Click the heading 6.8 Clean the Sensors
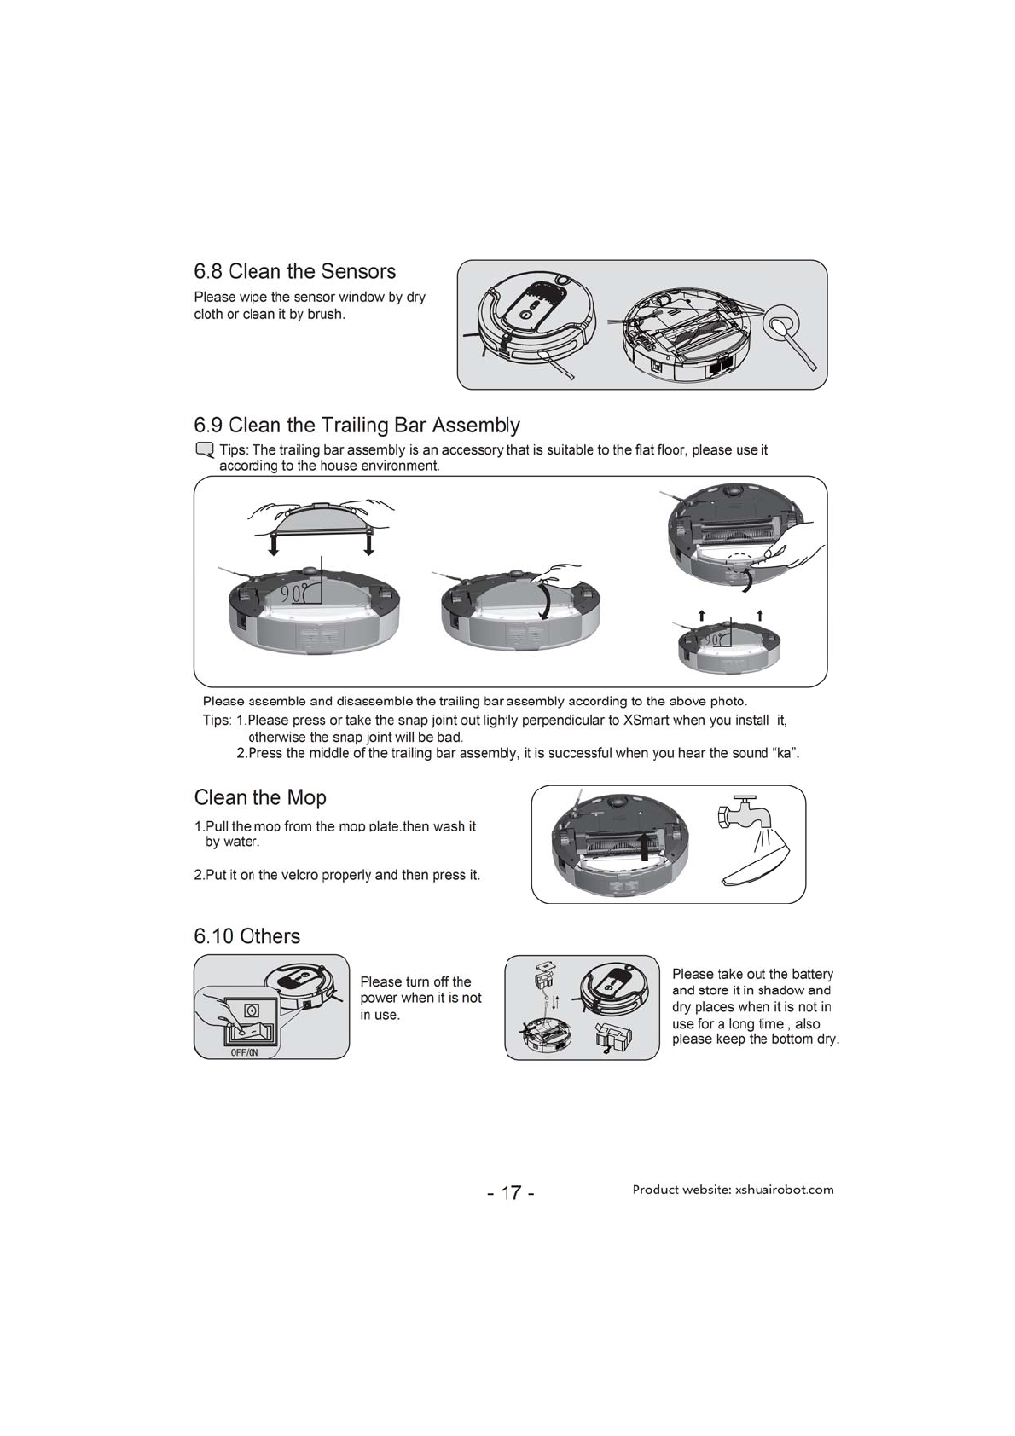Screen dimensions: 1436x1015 (295, 272)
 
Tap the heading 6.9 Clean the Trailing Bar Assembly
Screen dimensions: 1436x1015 (357, 425)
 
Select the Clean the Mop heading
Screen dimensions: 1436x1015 (260, 798)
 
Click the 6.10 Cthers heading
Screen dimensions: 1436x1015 (247, 936)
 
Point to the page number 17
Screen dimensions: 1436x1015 (511, 1192)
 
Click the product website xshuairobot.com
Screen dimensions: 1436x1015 (784, 1190)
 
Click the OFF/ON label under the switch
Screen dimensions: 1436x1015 (244, 1052)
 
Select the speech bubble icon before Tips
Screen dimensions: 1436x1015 (204, 450)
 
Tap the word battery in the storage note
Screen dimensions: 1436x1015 (811, 974)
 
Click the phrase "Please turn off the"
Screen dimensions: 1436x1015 (415, 981)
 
